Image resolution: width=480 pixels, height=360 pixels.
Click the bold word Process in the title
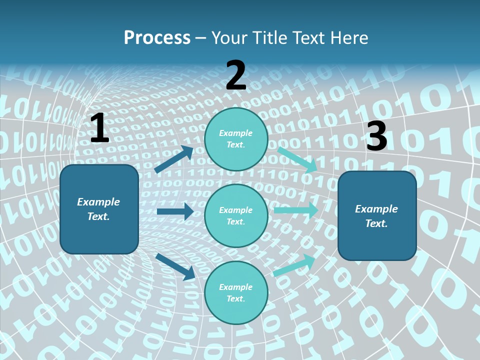[x=157, y=38]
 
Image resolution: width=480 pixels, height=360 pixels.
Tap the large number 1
[x=99, y=128]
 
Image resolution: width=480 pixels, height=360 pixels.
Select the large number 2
[x=236, y=75]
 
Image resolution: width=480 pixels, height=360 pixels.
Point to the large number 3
[x=376, y=136]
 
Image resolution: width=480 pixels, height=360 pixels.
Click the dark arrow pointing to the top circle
[x=173, y=159]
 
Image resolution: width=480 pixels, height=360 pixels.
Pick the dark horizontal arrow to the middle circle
[x=175, y=211]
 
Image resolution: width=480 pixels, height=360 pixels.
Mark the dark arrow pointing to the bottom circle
[x=175, y=266]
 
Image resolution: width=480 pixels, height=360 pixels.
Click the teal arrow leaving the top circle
[x=297, y=159]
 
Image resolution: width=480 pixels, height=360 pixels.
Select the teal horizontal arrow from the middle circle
[x=295, y=210]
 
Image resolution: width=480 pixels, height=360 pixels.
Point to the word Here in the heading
[x=350, y=38]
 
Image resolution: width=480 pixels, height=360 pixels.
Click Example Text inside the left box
[x=98, y=209]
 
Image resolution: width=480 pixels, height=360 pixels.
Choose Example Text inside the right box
[x=376, y=216]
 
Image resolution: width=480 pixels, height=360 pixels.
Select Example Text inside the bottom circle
[x=236, y=292]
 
